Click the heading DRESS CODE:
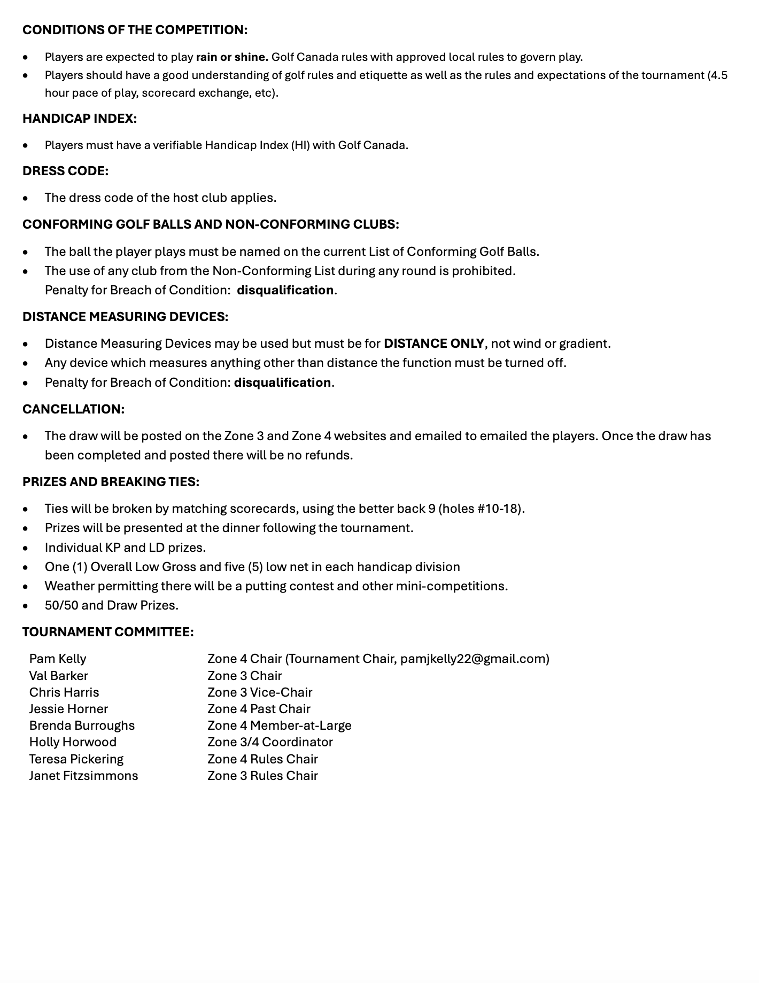pyautogui.click(x=65, y=171)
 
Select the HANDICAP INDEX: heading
pyautogui.click(x=80, y=119)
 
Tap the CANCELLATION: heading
pyautogui.click(x=73, y=409)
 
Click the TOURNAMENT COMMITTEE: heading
pyautogui.click(x=108, y=632)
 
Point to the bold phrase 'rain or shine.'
pyautogui.click(x=232, y=57)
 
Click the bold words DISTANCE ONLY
pyautogui.click(x=433, y=344)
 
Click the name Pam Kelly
pyautogui.click(x=58, y=659)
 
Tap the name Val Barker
pyautogui.click(x=59, y=676)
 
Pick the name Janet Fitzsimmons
pyautogui.click(x=83, y=776)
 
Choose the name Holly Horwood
pyautogui.click(x=73, y=742)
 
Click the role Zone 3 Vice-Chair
pyautogui.click(x=260, y=692)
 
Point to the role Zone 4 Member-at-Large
pyautogui.click(x=280, y=725)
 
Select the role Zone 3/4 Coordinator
pyautogui.click(x=270, y=742)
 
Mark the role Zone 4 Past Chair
pyautogui.click(x=259, y=709)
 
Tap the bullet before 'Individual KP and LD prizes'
pyautogui.click(x=26, y=548)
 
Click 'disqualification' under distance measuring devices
pyautogui.click(x=282, y=383)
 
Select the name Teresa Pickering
pyautogui.click(x=76, y=759)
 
